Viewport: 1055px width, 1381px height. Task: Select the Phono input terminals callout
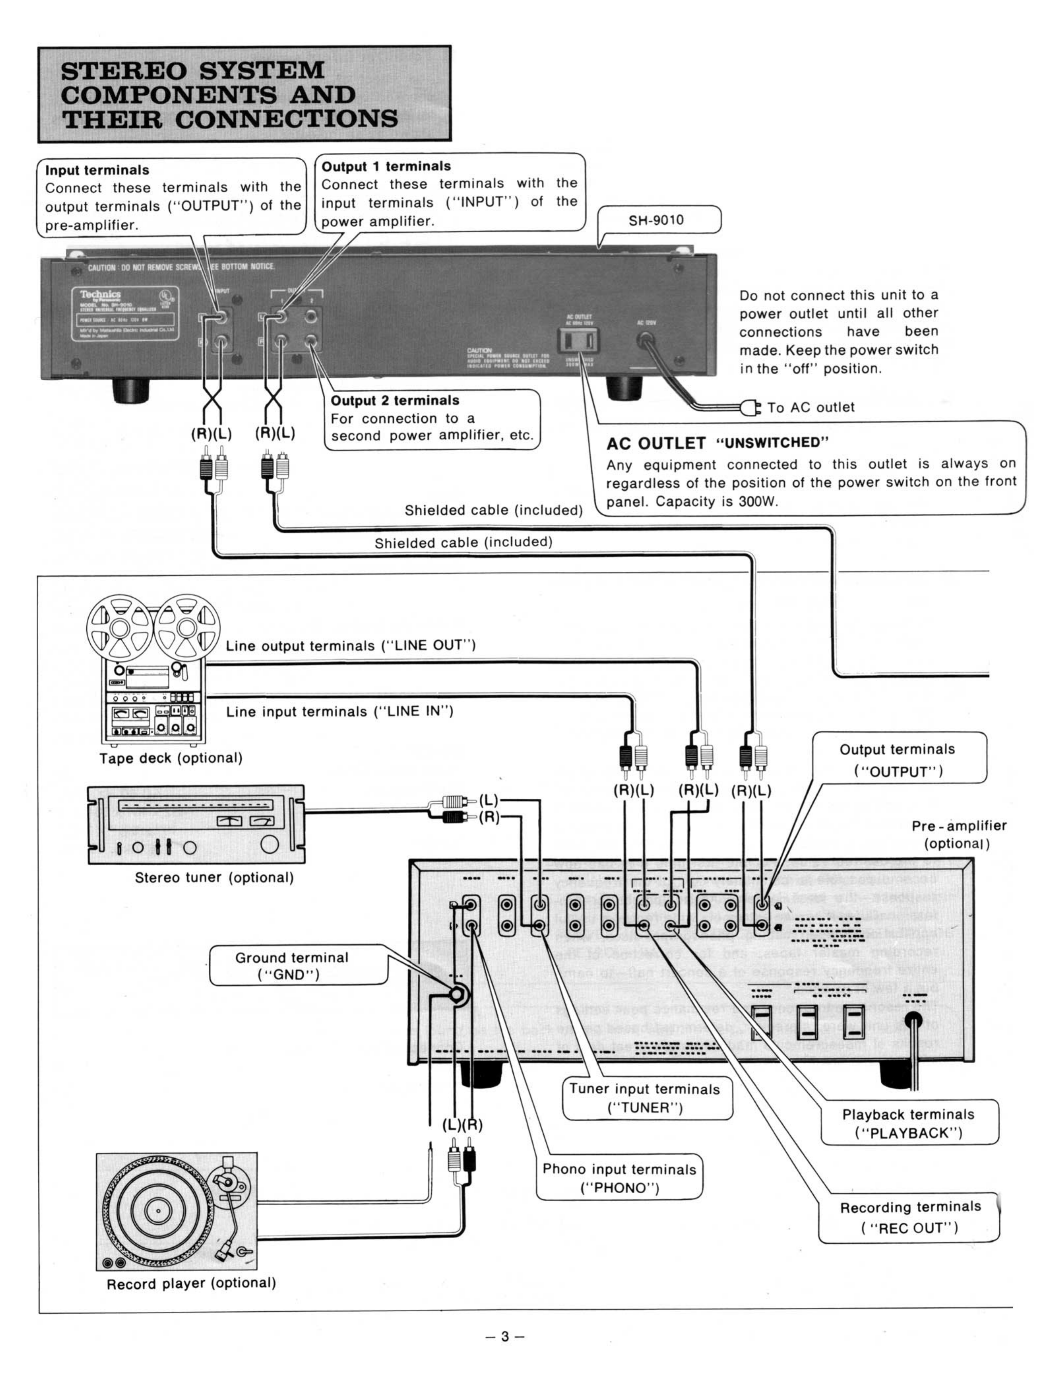point(619,1177)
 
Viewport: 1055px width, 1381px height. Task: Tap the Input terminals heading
point(97,170)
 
